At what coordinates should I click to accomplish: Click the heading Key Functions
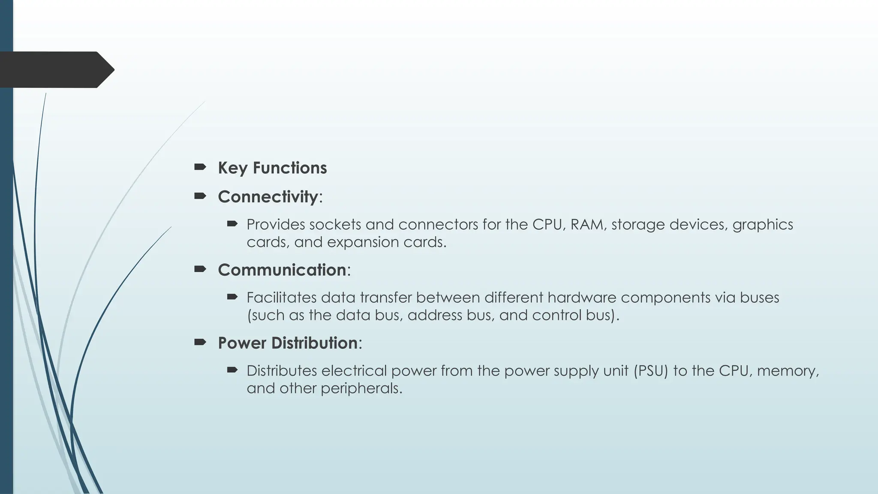(x=272, y=168)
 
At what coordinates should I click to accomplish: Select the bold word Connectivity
(x=268, y=197)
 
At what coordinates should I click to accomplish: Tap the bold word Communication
(x=282, y=270)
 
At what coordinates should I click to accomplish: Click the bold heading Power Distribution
(x=288, y=343)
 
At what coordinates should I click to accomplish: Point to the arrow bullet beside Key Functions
(x=200, y=167)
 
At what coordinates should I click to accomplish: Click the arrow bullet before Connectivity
(x=200, y=196)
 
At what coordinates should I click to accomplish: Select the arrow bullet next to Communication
(x=200, y=269)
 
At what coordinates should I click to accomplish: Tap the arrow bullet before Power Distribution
(x=200, y=342)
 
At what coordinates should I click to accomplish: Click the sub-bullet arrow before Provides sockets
(x=232, y=223)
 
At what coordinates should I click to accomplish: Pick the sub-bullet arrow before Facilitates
(x=232, y=296)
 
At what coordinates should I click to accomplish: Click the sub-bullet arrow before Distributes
(x=232, y=370)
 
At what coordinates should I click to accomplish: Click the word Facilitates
(x=281, y=298)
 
